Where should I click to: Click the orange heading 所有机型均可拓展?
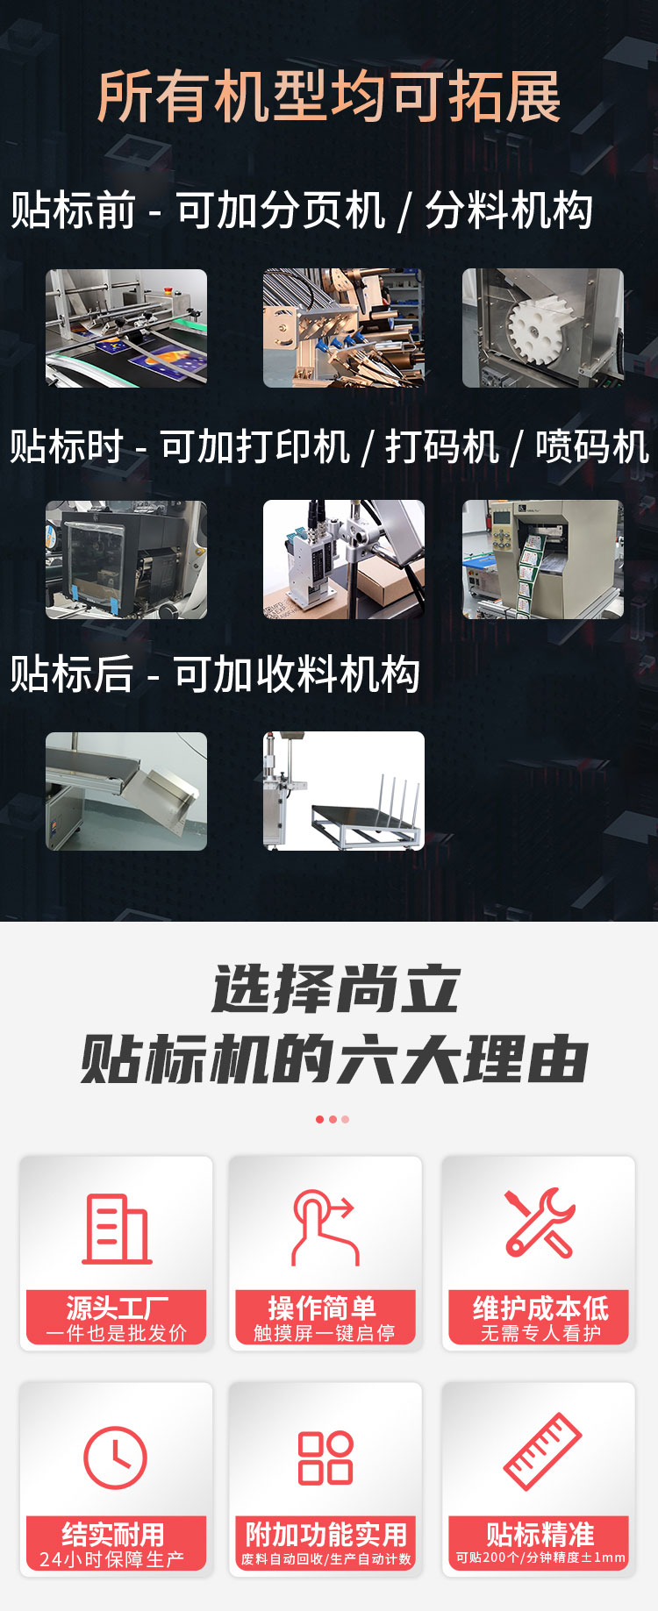329,96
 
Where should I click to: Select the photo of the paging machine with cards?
126,328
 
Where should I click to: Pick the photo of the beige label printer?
543,560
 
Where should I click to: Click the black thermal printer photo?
126,560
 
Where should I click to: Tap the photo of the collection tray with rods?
344,791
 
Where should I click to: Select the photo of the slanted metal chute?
126,791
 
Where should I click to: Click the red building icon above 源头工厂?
117,1229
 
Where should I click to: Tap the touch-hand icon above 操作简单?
325,1227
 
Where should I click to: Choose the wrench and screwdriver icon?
540,1223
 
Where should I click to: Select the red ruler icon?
542,1452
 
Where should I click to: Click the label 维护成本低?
540,1308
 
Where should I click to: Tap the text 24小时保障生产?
112,1559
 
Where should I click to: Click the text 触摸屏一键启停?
325,1333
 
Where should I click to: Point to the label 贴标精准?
540,1534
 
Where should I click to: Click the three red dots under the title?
333,1119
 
